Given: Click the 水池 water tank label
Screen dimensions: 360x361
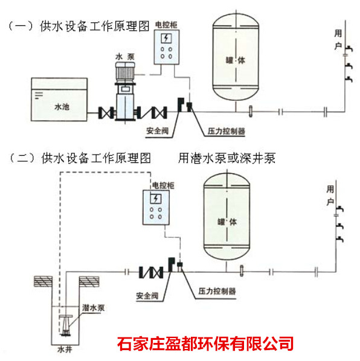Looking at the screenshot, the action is click(62, 107).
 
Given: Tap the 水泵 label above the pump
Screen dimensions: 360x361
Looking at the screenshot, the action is click(125, 57).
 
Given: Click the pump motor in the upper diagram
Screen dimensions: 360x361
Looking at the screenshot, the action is click(125, 72).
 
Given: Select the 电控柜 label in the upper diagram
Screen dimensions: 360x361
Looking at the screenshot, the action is click(166, 25).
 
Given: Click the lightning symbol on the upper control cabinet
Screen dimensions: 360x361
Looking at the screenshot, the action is click(166, 39).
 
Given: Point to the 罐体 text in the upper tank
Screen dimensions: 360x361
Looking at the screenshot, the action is click(236, 60).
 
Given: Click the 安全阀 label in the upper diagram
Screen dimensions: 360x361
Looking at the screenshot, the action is click(157, 131).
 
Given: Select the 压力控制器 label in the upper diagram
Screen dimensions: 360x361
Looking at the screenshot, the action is click(226, 131).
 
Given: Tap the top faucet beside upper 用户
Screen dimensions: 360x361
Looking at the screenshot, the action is click(349, 48).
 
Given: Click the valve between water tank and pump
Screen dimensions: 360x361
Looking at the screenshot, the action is click(106, 112).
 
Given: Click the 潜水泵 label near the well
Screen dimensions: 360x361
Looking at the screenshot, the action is click(93, 308).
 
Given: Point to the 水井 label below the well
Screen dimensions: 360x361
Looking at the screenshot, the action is click(65, 350).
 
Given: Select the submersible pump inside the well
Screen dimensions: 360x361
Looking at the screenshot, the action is click(65, 325).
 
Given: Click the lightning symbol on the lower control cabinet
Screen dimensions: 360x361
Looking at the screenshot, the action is click(156, 199).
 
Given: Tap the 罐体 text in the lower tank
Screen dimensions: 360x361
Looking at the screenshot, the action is click(227, 222).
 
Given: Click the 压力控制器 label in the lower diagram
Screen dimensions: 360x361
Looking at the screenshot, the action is click(217, 291).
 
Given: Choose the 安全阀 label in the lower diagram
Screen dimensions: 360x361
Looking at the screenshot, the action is click(147, 296).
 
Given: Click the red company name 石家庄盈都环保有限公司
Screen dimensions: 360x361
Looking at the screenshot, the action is click(205, 343).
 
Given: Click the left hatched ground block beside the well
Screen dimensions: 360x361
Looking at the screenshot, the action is click(43, 281).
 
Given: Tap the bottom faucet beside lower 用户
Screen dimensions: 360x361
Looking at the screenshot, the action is click(340, 239).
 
